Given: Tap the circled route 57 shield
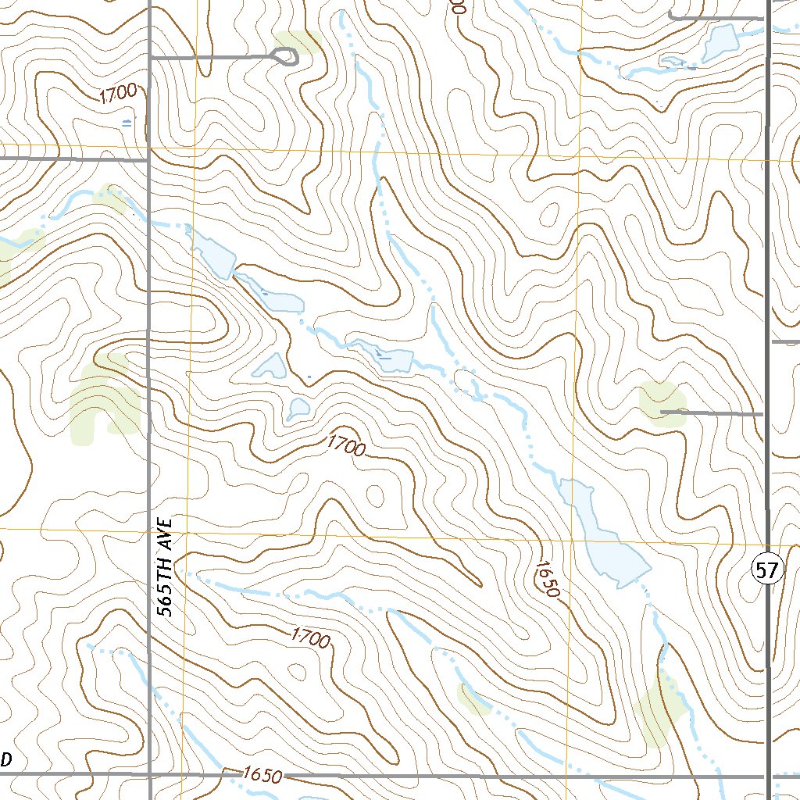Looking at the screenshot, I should tap(767, 570).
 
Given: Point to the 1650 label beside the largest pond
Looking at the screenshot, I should tap(549, 579).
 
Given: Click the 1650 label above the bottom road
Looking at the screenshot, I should tap(261, 775).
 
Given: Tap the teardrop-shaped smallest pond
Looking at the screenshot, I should tap(298, 408).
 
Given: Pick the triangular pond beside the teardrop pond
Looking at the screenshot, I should tap(271, 366).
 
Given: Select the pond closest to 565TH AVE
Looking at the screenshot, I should tap(213, 252).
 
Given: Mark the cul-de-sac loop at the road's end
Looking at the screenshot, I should tap(286, 56).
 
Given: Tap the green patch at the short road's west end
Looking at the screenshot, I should tap(660, 402).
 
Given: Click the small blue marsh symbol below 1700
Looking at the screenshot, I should tap(127, 123).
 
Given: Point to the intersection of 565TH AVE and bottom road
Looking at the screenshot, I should tap(149, 775).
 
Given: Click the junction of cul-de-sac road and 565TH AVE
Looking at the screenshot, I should tap(149, 57).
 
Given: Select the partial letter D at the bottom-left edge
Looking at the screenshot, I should tap(6, 759).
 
